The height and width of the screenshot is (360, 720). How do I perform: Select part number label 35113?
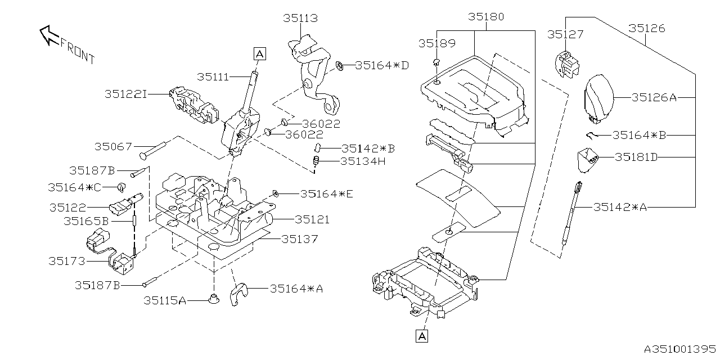pos(300,19)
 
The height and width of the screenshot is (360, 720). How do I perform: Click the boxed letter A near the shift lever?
pos(259,54)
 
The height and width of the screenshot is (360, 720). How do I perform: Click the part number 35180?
pos(486,17)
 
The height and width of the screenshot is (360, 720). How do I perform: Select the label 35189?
pos(436,43)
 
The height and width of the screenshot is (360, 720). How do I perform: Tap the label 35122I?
pos(125,94)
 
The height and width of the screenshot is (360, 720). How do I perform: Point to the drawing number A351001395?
pos(679,349)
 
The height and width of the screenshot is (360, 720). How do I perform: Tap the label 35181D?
pos(636,157)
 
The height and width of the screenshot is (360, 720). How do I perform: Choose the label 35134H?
pos(363,161)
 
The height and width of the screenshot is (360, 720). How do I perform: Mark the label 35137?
pos(299,239)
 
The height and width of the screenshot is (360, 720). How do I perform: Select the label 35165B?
pos(85,222)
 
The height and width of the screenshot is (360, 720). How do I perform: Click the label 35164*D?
pos(382,66)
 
